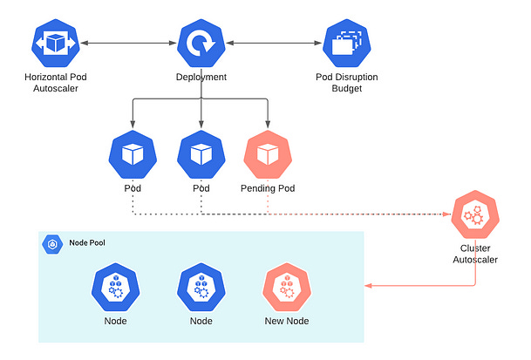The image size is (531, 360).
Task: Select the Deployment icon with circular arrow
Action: pyautogui.click(x=201, y=43)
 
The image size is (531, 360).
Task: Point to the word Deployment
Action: pyautogui.click(x=201, y=78)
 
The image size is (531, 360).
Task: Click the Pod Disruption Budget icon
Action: pyautogui.click(x=348, y=43)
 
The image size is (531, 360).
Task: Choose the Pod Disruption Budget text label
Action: pyautogui.click(x=348, y=83)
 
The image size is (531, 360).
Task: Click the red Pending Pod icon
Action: pyautogui.click(x=268, y=154)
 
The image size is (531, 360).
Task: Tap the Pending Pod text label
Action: pyautogui.click(x=268, y=188)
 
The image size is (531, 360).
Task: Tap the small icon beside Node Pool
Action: pyautogui.click(x=54, y=244)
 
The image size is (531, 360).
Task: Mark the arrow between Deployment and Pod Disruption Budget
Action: pyautogui.click(x=275, y=42)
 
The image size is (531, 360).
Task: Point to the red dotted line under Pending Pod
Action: pyautogui.click(x=268, y=204)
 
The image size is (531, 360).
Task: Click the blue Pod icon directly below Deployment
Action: pyautogui.click(x=201, y=154)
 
